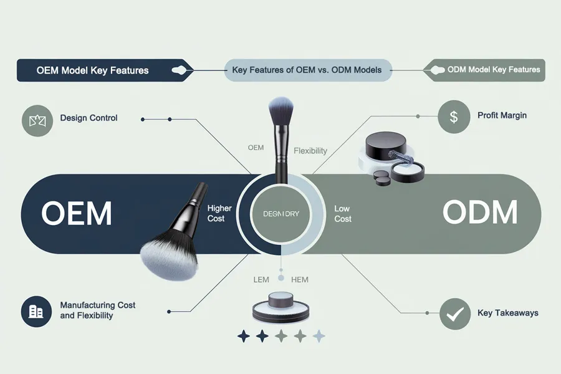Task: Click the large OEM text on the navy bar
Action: click(77, 214)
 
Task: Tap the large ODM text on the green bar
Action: click(479, 213)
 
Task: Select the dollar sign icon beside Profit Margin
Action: click(454, 117)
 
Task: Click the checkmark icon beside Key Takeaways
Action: click(454, 314)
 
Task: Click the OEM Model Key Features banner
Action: click(92, 70)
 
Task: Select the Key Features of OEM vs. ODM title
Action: click(306, 70)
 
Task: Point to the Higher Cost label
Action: click(219, 213)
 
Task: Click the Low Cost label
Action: click(343, 214)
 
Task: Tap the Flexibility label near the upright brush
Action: click(310, 151)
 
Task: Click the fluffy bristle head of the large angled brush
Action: click(165, 257)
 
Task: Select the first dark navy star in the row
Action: click(244, 337)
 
